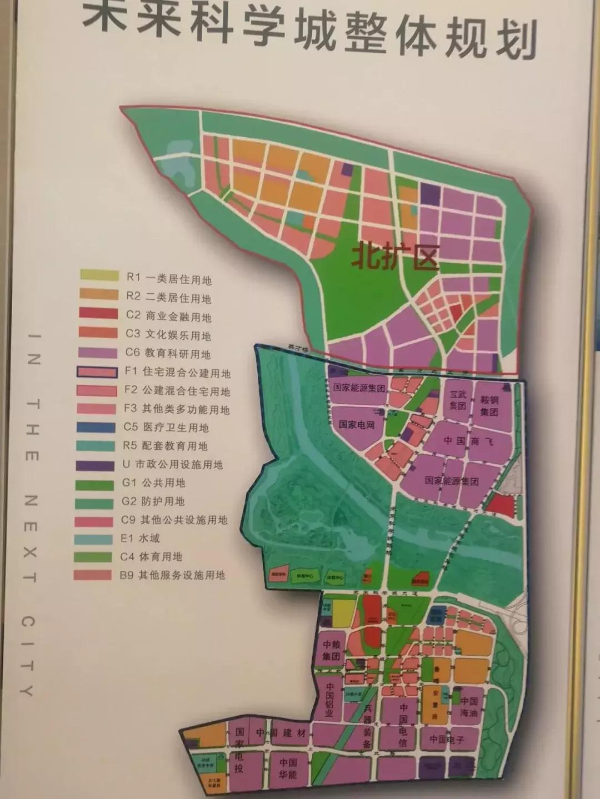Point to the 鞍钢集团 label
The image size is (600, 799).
[x=489, y=406]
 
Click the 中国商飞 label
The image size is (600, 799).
[x=468, y=441]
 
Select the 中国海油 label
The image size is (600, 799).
[x=469, y=707]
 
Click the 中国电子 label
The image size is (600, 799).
[x=446, y=739]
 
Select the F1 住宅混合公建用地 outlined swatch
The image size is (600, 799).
[x=98, y=372]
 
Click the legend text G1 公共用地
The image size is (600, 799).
[x=153, y=483]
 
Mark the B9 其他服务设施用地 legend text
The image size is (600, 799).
[x=172, y=575]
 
